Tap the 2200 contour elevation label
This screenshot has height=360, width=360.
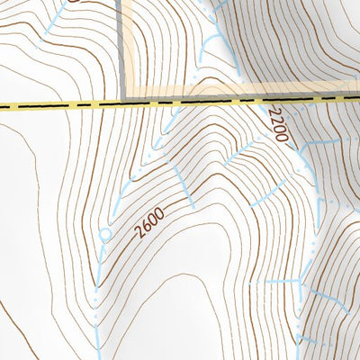tap(277, 125)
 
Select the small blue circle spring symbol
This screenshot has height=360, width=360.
tap(104, 237)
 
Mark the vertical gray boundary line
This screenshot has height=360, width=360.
tap(121, 45)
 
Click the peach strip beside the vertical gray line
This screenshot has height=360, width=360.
tap(129, 45)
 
